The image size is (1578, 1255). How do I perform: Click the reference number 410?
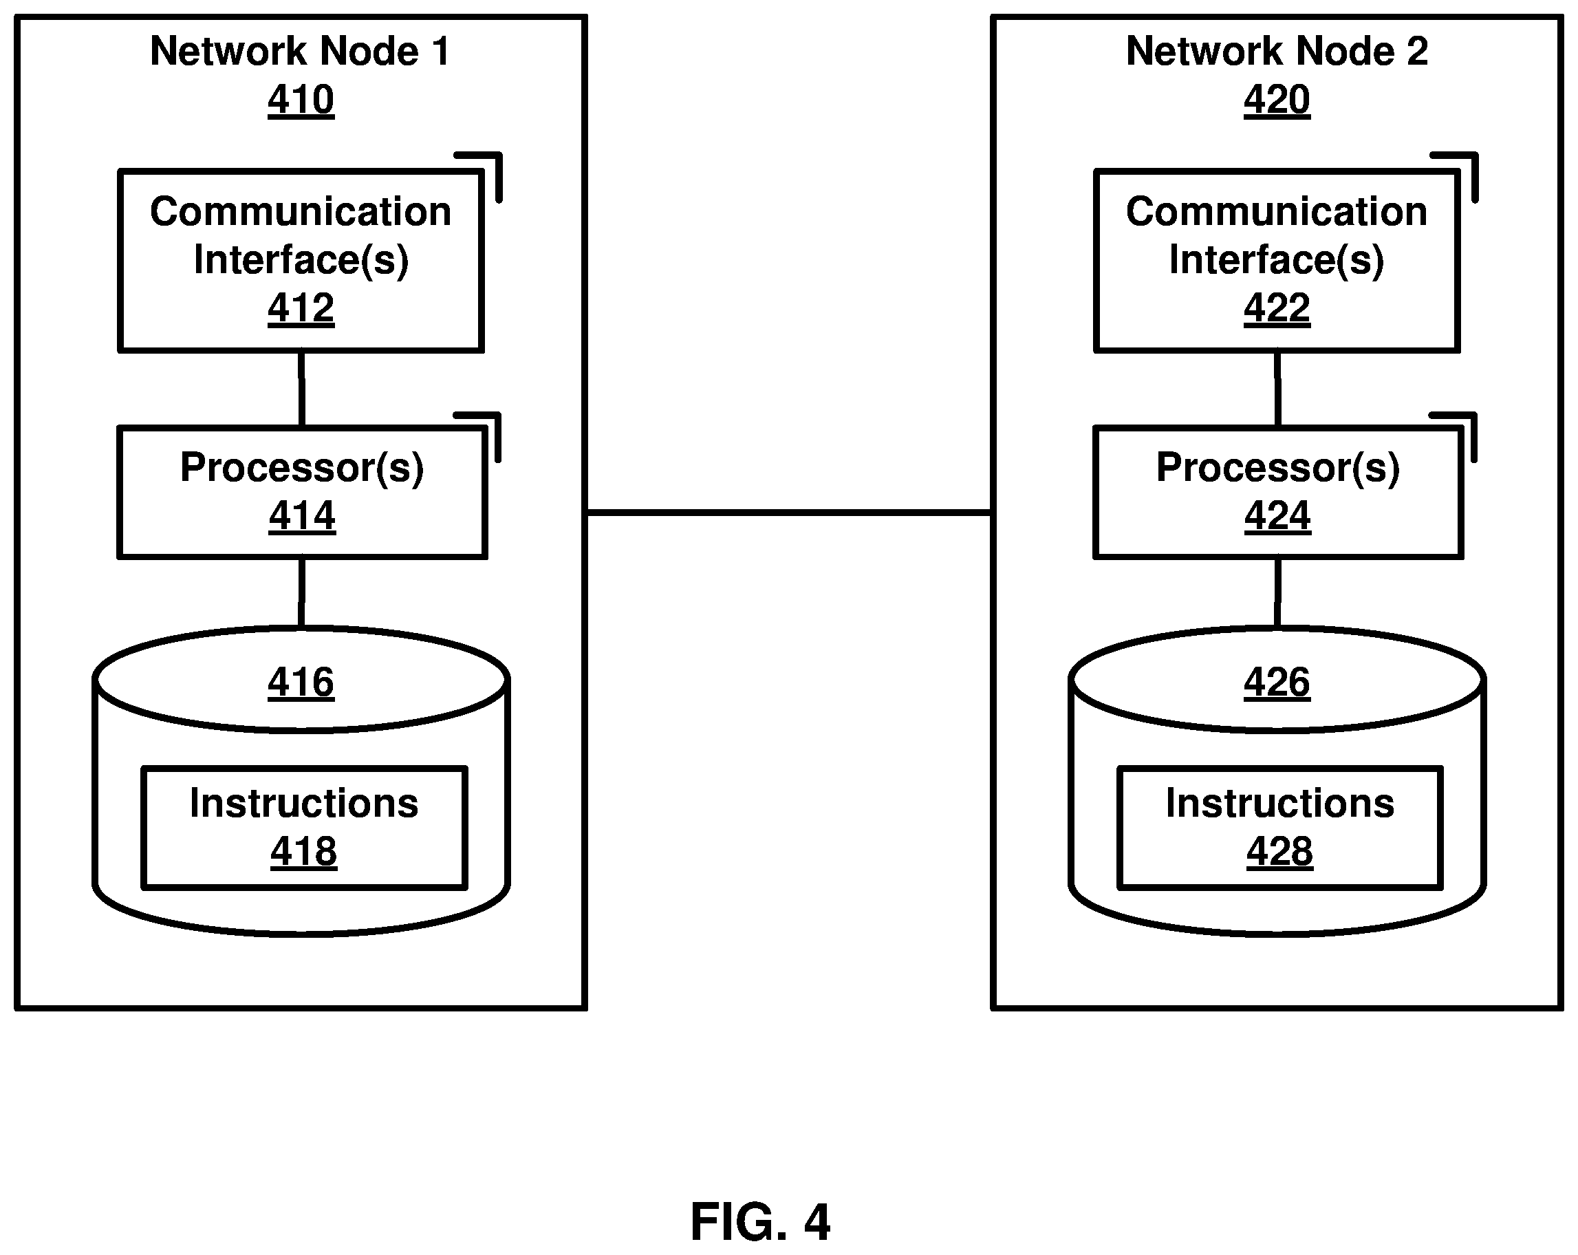[x=301, y=100]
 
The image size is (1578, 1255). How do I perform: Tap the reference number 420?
[x=1277, y=100]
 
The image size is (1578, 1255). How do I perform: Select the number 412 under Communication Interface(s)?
[x=301, y=308]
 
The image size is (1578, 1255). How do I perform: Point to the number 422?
[x=1277, y=308]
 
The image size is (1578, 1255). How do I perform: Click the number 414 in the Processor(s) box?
[x=302, y=515]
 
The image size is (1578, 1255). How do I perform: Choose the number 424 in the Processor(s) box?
[x=1278, y=515]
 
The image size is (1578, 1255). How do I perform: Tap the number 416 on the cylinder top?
[x=301, y=683]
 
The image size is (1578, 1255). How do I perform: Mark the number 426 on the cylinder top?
[x=1277, y=683]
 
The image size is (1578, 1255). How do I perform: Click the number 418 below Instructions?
[x=304, y=852]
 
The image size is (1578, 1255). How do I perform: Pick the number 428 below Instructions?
[x=1280, y=852]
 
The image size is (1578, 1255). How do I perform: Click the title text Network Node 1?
[x=300, y=51]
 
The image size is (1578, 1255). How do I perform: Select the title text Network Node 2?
[x=1277, y=51]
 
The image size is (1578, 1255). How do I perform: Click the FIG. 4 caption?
[x=761, y=1223]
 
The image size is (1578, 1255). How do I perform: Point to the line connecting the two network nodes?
[x=789, y=513]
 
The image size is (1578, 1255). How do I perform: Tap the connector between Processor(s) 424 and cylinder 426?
[x=1278, y=592]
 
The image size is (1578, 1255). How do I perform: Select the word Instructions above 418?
[x=305, y=803]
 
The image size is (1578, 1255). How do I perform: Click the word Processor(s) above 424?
[x=1278, y=467]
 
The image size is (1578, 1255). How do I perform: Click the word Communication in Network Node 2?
[x=1277, y=212]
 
